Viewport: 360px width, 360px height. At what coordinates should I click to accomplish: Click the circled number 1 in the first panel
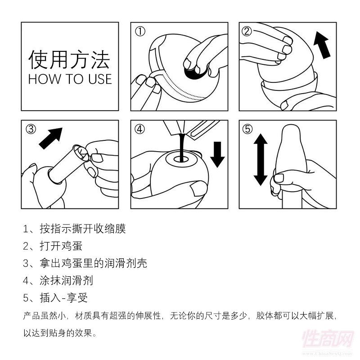(x=140, y=31)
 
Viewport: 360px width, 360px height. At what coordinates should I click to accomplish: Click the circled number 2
(x=247, y=31)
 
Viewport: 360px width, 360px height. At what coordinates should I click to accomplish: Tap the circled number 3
(x=31, y=129)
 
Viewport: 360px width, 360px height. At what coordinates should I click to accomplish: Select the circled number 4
(x=139, y=129)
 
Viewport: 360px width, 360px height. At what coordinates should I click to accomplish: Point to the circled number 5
(x=247, y=129)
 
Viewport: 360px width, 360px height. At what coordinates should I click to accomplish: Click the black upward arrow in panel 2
(x=322, y=45)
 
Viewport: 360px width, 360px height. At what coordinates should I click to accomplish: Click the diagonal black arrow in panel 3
(x=51, y=139)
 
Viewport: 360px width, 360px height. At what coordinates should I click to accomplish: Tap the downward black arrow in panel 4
(x=217, y=154)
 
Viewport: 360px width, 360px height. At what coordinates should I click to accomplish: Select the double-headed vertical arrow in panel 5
(x=261, y=160)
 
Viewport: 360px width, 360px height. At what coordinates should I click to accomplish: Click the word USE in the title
(x=100, y=79)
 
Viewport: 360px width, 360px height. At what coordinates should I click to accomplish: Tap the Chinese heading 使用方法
(x=69, y=60)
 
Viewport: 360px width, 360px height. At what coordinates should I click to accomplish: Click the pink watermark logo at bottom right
(x=328, y=340)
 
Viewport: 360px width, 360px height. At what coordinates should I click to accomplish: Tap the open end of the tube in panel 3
(x=80, y=152)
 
